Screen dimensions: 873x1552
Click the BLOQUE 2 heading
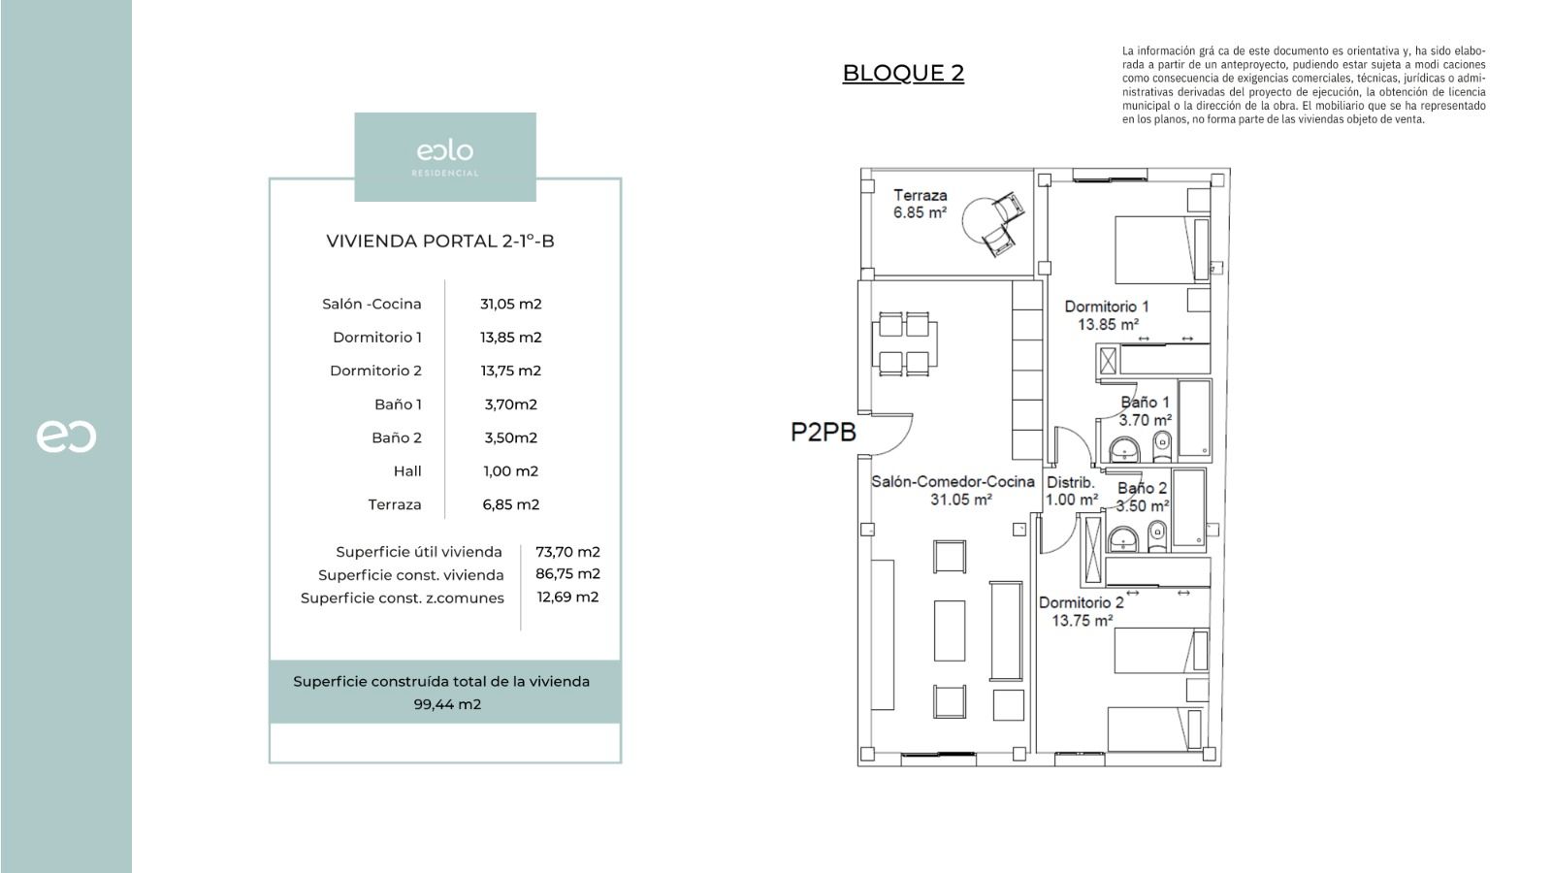[x=902, y=74]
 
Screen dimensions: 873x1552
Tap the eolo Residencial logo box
[x=444, y=156]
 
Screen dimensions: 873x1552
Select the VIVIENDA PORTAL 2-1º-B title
[x=440, y=242]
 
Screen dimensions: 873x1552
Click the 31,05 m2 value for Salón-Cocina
[x=510, y=304]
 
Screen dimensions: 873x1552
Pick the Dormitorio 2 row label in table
[x=375, y=371]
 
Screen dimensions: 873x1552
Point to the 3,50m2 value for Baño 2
[x=510, y=437]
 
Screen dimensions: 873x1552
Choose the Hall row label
[x=407, y=471]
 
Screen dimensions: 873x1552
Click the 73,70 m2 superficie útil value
[x=567, y=552]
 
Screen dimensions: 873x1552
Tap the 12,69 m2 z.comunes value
[x=567, y=597]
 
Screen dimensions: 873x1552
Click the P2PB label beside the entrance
[x=824, y=433]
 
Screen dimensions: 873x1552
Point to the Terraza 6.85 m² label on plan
[x=920, y=204]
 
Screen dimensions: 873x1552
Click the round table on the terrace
[x=982, y=218]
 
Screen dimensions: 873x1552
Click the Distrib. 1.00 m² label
[x=1071, y=491]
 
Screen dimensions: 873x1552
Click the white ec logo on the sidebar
[x=66, y=436]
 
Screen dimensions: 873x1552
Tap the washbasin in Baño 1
[x=1124, y=448]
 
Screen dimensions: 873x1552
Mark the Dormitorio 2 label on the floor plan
[x=1082, y=611]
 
